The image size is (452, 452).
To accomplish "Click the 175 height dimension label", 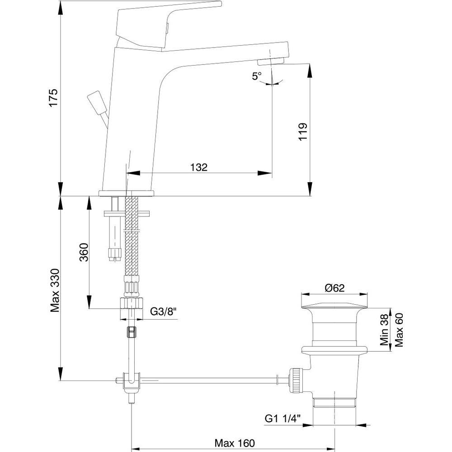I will point(54,98).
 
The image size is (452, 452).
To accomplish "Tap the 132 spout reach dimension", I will point(198,167).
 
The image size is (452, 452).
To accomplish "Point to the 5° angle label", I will point(257,76).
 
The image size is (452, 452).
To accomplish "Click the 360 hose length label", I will point(83,253).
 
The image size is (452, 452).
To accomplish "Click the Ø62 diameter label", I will point(335,287).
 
